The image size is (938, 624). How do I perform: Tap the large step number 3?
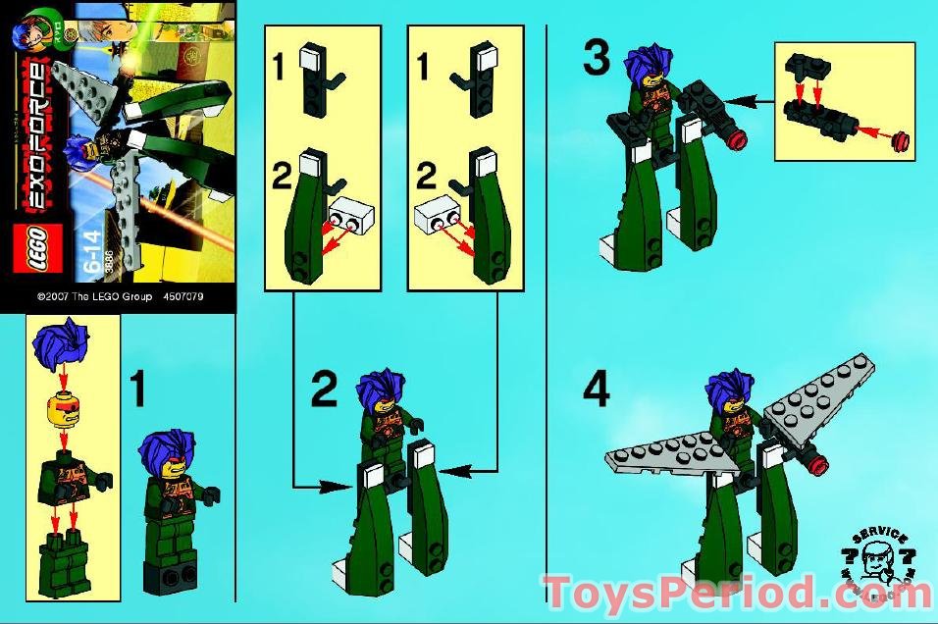tap(596, 58)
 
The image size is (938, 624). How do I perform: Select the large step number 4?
tap(596, 390)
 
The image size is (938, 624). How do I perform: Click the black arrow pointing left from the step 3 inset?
tap(750, 99)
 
